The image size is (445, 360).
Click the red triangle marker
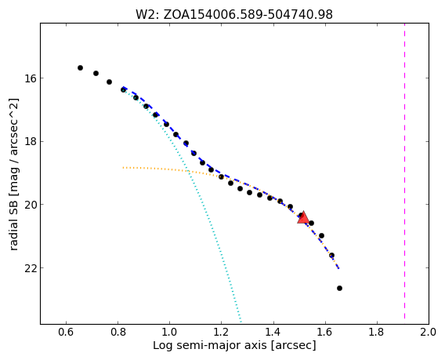click(303, 217)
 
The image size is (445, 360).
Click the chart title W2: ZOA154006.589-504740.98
click(234, 14)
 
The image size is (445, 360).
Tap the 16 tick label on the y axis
click(30, 78)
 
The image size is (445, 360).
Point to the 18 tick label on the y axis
click(30, 141)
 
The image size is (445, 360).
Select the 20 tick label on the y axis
click(30, 205)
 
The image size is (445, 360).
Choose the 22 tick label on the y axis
click(30, 268)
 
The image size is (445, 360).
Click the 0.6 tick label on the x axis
click(66, 332)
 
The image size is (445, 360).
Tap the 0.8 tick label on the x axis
click(118, 332)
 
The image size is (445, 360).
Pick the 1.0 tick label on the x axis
click(170, 332)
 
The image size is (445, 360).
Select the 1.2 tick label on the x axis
click(222, 332)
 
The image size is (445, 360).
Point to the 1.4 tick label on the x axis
click(273, 332)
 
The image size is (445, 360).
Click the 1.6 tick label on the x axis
click(325, 332)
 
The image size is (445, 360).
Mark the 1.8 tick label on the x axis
click(377, 332)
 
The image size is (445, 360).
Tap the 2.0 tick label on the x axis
click(429, 332)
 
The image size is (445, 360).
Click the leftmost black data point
click(81, 68)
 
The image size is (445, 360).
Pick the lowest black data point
click(339, 289)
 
